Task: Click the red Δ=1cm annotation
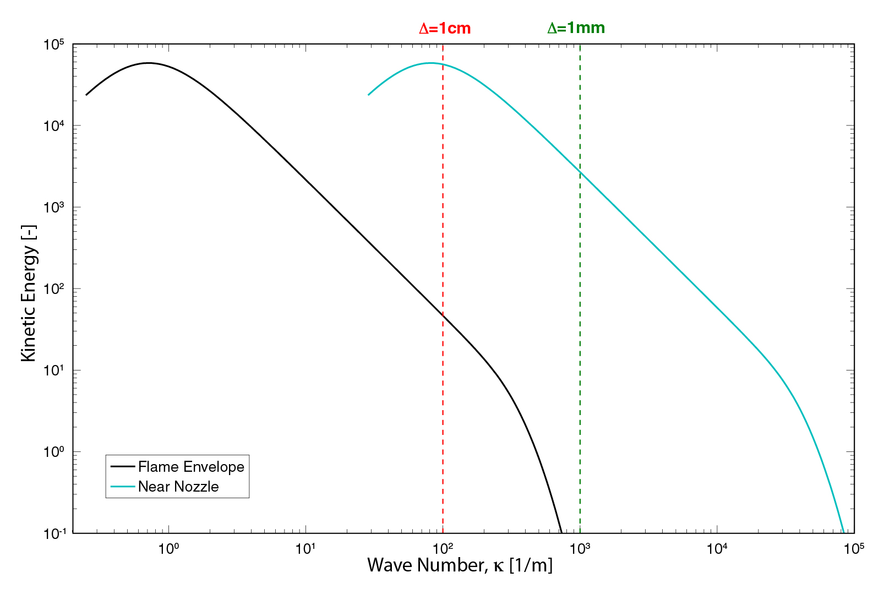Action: click(x=445, y=28)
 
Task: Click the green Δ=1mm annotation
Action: click(x=576, y=28)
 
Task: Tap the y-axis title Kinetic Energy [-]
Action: click(x=29, y=293)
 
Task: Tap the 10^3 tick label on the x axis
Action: click(x=580, y=548)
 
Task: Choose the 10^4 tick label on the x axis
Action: click(x=717, y=548)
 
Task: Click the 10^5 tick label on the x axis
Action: click(x=854, y=548)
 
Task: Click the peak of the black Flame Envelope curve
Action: click(x=148, y=63)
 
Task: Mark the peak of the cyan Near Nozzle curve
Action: click(x=430, y=63)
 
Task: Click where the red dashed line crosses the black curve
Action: click(x=443, y=315)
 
